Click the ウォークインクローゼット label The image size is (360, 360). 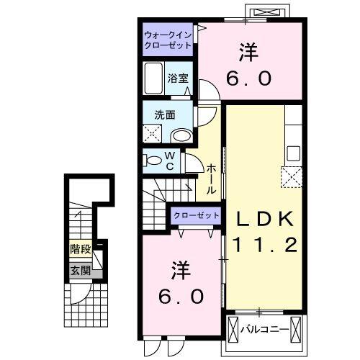167,40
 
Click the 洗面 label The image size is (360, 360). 165,113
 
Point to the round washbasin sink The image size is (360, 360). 182,135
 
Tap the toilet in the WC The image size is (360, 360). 153,160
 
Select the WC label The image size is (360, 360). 171,161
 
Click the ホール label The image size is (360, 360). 211,179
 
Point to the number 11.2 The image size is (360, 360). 261,246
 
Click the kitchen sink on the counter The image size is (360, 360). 292,153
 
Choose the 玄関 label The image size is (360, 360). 80,271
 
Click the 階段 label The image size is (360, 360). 80,250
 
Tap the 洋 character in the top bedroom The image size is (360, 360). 249,53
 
